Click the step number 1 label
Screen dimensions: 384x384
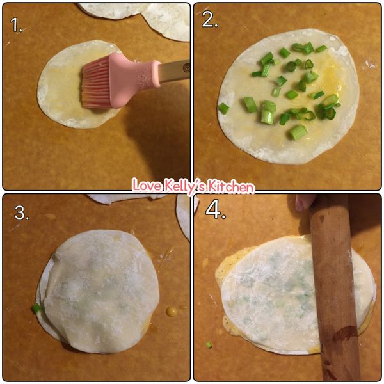[16, 25]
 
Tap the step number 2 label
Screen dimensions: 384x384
[210, 19]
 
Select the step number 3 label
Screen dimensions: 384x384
[22, 212]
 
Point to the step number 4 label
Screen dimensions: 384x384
[216, 210]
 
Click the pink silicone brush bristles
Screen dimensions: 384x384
[95, 83]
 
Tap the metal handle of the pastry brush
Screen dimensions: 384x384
[174, 70]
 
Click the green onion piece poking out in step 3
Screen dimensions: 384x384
[36, 308]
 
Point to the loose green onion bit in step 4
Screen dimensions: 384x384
[209, 345]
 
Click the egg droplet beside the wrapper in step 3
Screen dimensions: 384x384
[172, 312]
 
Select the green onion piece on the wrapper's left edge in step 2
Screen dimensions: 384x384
[223, 108]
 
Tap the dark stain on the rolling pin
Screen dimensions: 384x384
[346, 333]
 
